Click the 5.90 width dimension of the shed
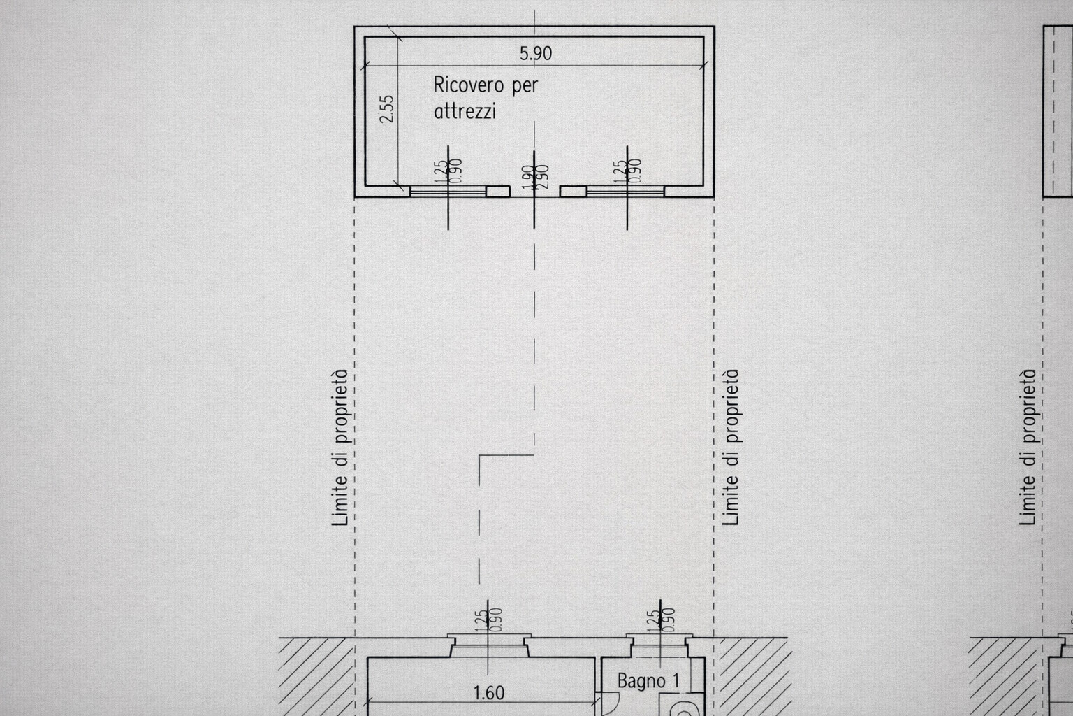536,53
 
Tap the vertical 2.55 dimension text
387,108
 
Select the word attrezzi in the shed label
465,111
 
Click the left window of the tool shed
448,191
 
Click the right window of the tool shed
626,191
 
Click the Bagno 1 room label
647,680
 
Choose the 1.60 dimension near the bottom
488,693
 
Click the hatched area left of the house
316,675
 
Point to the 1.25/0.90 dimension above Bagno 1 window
661,620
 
